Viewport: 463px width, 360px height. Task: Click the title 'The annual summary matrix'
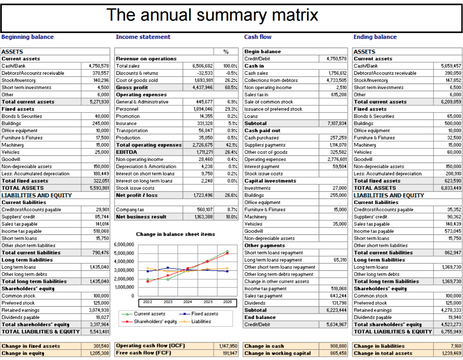tap(212, 15)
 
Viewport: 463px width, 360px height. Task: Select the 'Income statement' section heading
tap(143, 37)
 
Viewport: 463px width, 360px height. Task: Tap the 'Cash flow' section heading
tap(258, 37)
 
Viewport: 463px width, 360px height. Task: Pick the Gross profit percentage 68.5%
tap(230, 88)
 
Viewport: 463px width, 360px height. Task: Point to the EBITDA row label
tap(126, 152)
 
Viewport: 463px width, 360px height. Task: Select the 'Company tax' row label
tap(130, 210)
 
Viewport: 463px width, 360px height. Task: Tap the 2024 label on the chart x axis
tap(188, 302)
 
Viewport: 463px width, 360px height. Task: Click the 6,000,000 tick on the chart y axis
tap(124, 244)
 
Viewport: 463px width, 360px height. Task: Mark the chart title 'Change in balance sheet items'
tap(175, 234)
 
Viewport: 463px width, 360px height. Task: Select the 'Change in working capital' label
tap(277, 353)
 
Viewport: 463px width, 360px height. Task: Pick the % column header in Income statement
tap(226, 52)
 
